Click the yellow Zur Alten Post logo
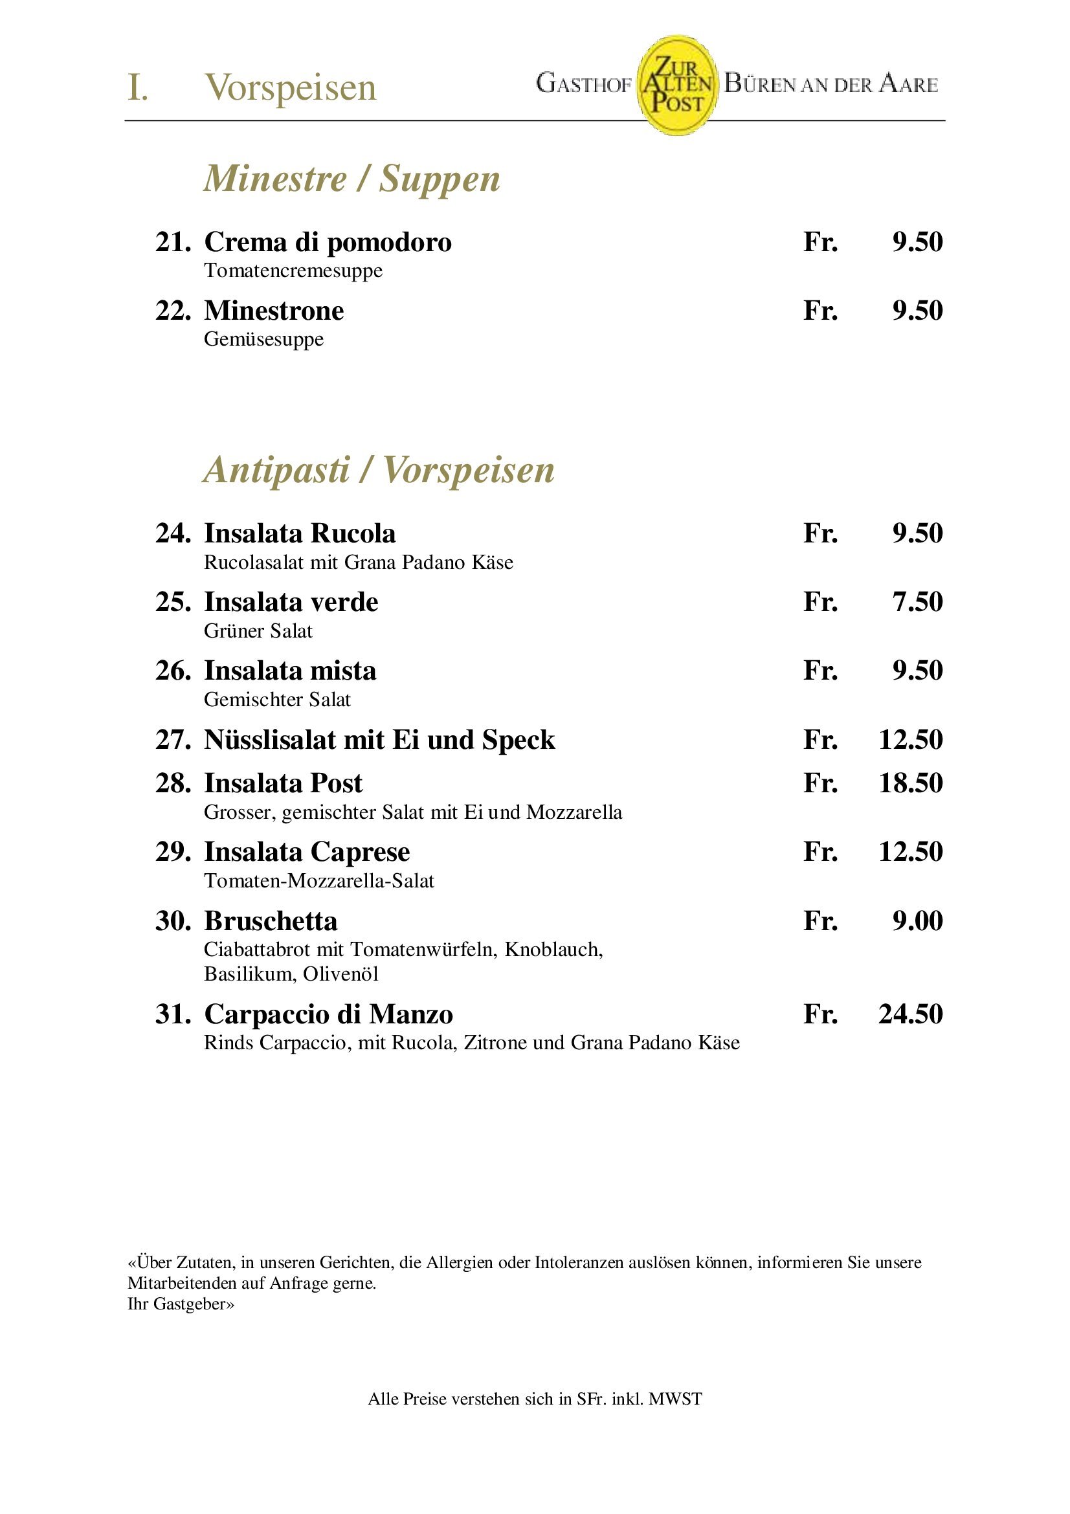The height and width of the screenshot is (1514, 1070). click(x=676, y=85)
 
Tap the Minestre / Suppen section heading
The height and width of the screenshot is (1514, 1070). click(x=351, y=179)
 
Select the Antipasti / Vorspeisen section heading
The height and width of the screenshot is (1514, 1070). click(x=379, y=470)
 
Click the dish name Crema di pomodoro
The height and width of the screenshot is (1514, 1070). click(x=328, y=242)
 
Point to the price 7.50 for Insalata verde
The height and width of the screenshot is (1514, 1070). click(x=917, y=602)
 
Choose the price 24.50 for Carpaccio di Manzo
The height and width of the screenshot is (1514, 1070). click(x=910, y=1014)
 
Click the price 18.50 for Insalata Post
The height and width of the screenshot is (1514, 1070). click(x=910, y=783)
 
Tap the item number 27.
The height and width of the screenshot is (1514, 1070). click(x=173, y=740)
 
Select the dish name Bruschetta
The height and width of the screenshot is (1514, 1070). click(x=271, y=921)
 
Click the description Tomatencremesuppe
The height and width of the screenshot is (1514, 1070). click(x=293, y=271)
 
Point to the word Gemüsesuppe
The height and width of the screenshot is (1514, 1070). click(x=263, y=340)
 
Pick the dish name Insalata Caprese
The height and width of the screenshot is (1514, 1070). click(x=307, y=852)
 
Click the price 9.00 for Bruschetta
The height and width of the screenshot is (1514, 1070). click(x=917, y=921)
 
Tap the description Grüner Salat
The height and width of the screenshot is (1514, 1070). click(x=258, y=631)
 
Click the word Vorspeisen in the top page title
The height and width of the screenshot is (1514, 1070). click(x=290, y=87)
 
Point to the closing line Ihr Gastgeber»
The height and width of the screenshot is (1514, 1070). click(x=181, y=1304)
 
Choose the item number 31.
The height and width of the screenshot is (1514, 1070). click(x=173, y=1014)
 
